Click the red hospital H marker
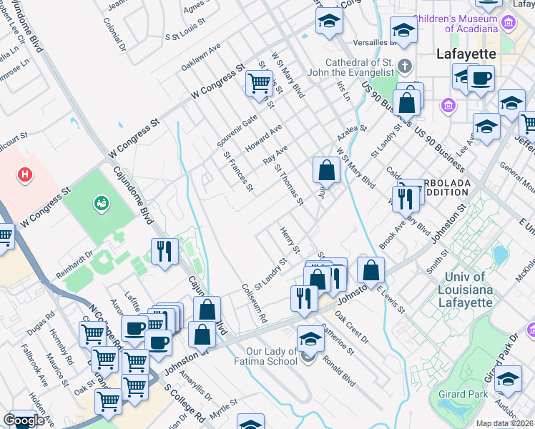(x=26, y=174)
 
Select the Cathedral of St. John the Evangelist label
(x=350, y=66)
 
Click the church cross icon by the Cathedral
(x=405, y=67)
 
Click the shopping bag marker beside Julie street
(x=326, y=169)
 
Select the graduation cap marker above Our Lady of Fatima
(x=310, y=337)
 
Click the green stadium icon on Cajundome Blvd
(x=99, y=203)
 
